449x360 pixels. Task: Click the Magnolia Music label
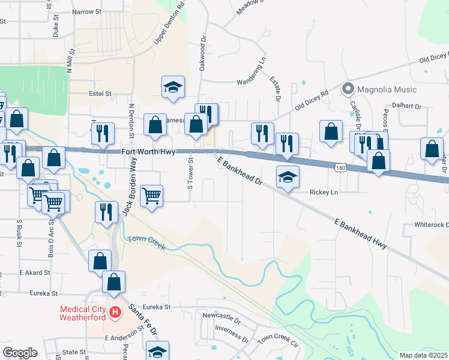(x=387, y=89)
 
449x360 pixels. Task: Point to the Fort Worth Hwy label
(x=148, y=152)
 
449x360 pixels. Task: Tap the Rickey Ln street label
(x=324, y=192)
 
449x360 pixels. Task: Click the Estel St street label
(x=100, y=94)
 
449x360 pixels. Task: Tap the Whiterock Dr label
(x=432, y=224)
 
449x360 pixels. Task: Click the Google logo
(x=20, y=352)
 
